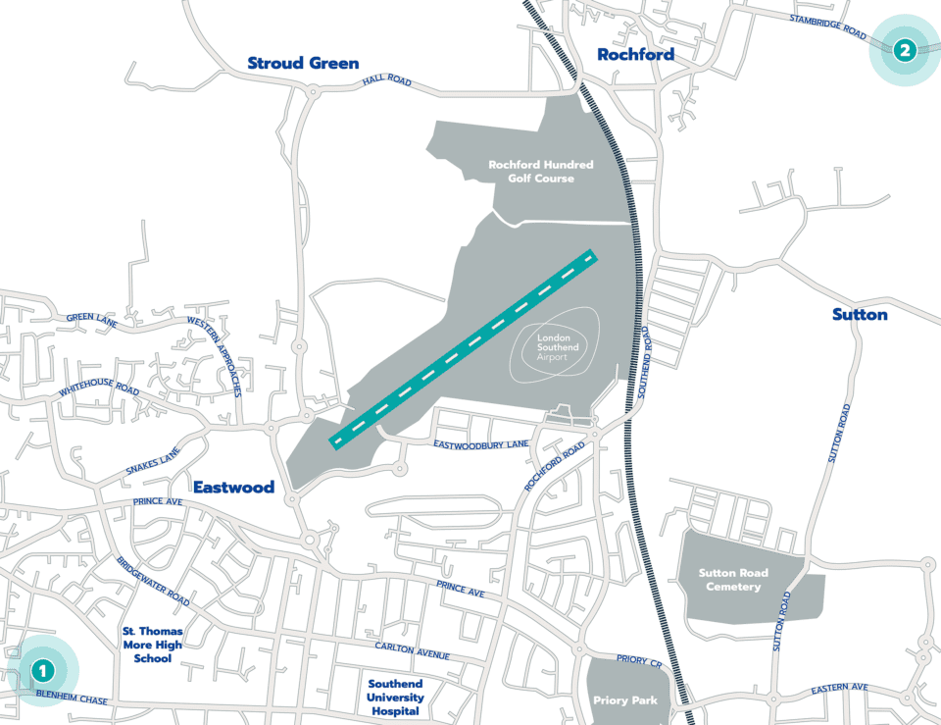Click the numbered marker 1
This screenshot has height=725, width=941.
coord(42,671)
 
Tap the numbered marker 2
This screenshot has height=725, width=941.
coord(904,50)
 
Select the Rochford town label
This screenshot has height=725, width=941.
coord(636,55)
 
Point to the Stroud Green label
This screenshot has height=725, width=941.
coord(303,63)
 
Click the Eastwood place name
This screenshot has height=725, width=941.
coord(233,487)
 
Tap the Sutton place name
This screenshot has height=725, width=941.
coord(860,314)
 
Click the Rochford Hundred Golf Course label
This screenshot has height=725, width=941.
coord(540,172)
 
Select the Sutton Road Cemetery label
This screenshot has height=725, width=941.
coord(733,580)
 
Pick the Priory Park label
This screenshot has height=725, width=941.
coord(624,700)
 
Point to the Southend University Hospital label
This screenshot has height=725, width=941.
coord(395,697)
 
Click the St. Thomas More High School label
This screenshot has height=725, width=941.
coord(152,645)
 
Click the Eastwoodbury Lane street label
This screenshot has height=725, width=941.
coord(480,444)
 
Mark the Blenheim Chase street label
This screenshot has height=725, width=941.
coord(72,699)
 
